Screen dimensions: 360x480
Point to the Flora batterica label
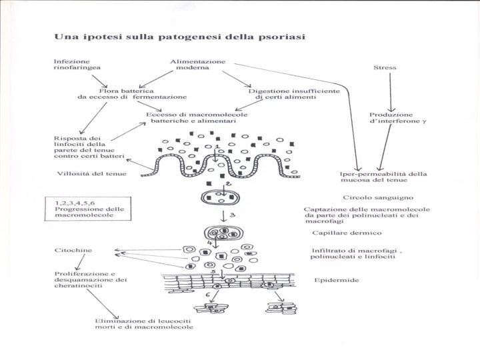[x=127, y=90]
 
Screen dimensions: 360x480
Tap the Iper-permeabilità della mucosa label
[x=383, y=177]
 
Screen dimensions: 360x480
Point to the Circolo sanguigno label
[x=378, y=197]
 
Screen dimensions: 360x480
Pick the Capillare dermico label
[x=347, y=233]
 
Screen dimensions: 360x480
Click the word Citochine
[x=73, y=250]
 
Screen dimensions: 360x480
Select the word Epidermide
[x=337, y=280]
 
